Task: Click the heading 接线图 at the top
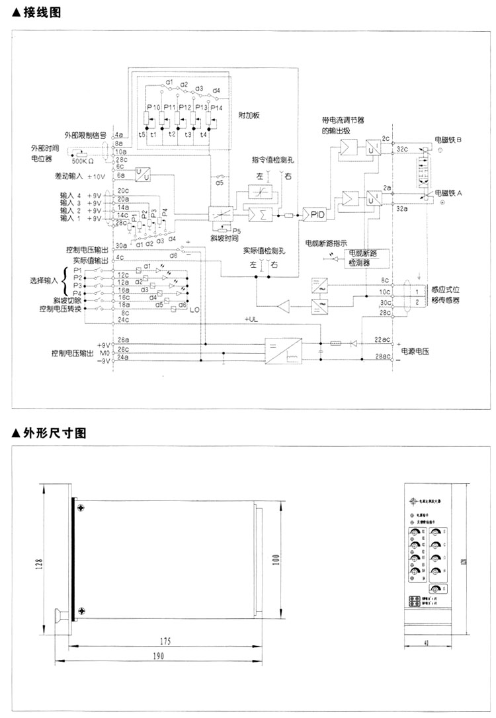pos(36,12)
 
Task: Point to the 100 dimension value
pos(275,559)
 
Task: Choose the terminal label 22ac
pos(382,339)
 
